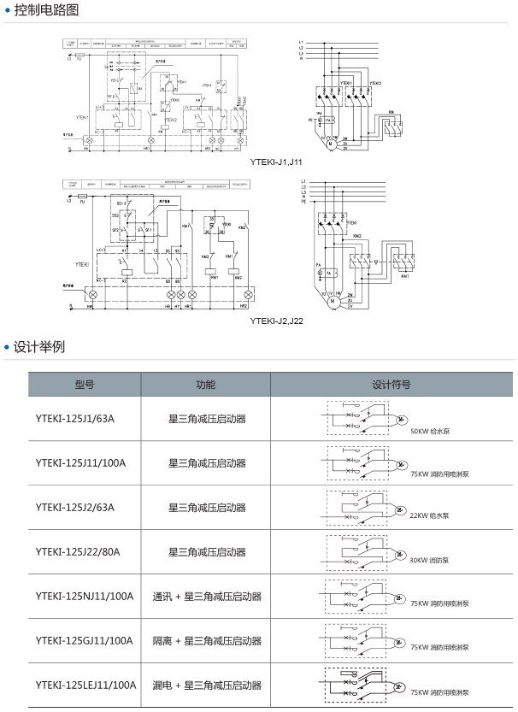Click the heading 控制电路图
[52, 11]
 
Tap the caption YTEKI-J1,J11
[276, 161]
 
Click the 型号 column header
[85, 385]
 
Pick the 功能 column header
[206, 385]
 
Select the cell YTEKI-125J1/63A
[75, 419]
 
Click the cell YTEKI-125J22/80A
[78, 552]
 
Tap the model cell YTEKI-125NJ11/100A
[85, 597]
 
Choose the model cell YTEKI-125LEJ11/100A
[86, 686]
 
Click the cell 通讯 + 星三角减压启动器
[207, 597]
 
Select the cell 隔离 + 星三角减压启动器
[207, 641]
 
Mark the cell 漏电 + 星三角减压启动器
[207, 686]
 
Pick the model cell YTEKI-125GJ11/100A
[85, 641]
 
